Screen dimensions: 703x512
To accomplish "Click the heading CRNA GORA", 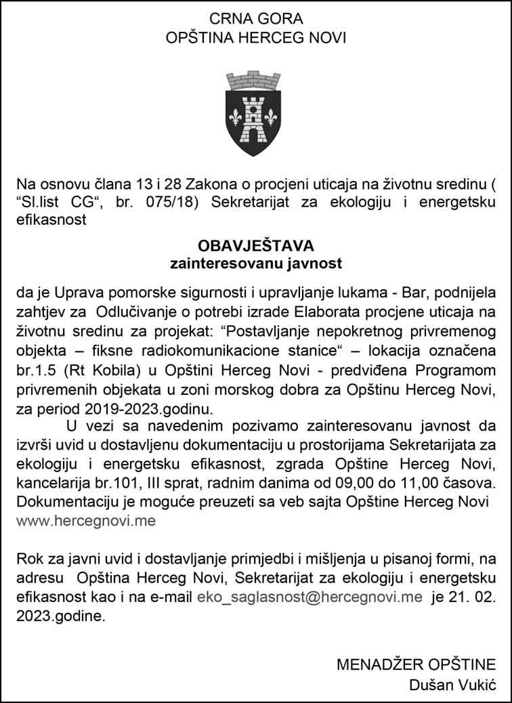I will [256, 18].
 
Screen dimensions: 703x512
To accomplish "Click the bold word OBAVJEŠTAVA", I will [256, 244].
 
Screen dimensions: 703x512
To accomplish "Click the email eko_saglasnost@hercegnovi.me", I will [310, 598].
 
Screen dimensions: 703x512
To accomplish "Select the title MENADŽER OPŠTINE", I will [416, 664].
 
